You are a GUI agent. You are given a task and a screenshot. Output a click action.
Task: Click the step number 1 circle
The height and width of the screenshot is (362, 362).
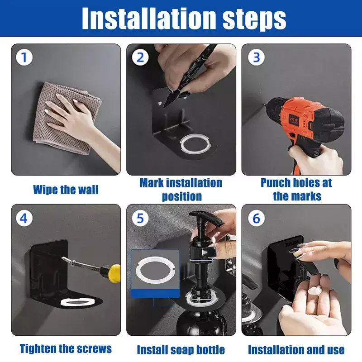[x=24, y=57]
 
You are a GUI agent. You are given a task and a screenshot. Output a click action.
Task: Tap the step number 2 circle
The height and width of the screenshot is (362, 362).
[x=140, y=57]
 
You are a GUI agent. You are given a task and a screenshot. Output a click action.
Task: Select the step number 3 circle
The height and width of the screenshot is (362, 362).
[x=256, y=57]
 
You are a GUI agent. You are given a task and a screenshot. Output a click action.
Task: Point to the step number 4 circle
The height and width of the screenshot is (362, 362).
[x=24, y=218]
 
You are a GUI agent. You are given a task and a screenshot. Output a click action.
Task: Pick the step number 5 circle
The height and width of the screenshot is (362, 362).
[x=140, y=218]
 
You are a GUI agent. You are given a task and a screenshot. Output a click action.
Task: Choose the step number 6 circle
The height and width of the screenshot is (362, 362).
[x=256, y=218]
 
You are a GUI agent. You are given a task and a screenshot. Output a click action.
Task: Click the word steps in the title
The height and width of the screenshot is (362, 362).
[x=254, y=19]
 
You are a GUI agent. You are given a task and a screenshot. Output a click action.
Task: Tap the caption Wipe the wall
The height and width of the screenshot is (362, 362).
[x=66, y=190]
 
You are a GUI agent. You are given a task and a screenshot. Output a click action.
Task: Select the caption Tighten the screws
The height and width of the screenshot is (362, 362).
[x=66, y=348]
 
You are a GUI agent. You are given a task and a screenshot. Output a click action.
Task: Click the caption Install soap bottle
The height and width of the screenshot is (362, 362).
[x=181, y=350]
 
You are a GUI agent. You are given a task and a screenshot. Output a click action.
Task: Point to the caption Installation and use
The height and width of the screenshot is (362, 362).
[x=296, y=350]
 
